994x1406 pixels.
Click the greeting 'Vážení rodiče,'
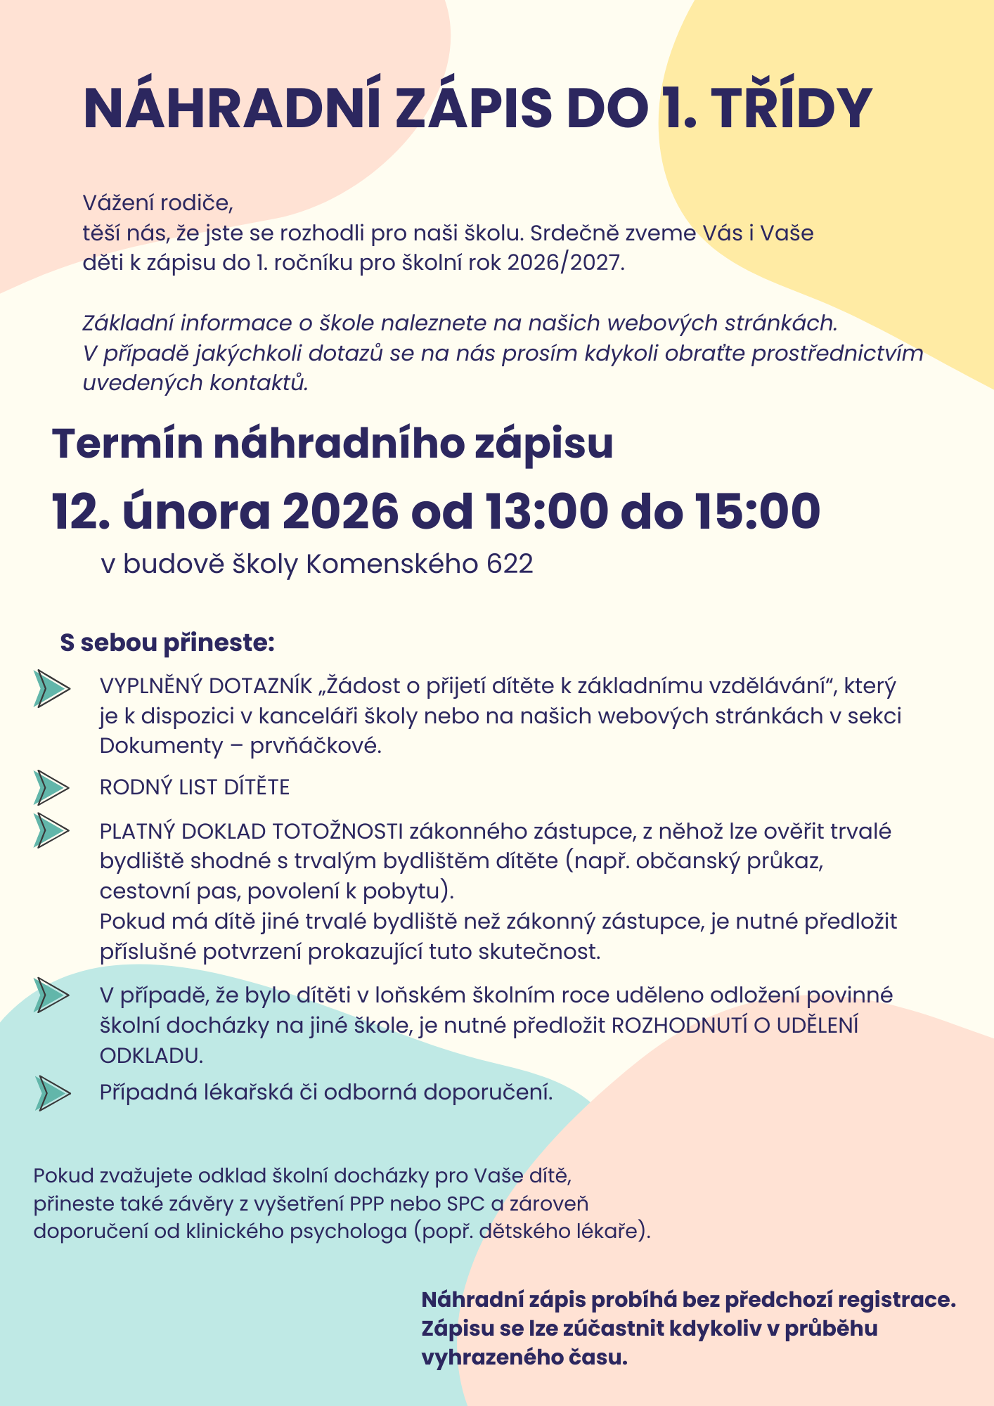[157, 203]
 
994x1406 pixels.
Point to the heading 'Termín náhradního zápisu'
[333, 444]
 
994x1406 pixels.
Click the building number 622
[510, 564]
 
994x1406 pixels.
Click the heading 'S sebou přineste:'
[167, 643]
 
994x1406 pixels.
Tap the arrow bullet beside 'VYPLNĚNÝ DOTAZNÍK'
[51, 688]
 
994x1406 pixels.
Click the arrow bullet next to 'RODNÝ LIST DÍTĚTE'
[51, 787]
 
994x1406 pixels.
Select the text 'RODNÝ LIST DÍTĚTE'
[195, 787]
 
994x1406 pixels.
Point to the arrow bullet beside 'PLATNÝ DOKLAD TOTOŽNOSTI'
[51, 830]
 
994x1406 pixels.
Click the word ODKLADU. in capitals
[151, 1055]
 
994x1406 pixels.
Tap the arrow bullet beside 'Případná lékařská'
[53, 1092]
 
